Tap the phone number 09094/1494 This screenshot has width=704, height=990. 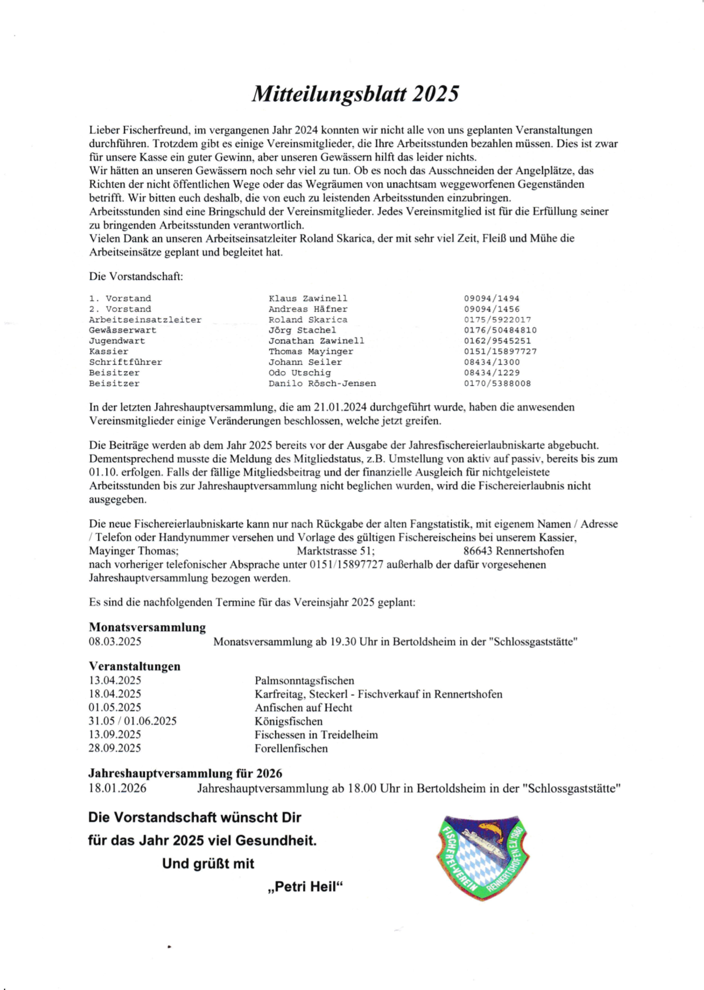(x=491, y=298)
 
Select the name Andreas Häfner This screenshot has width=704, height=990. (x=308, y=309)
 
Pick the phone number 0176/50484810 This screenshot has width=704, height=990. (x=500, y=330)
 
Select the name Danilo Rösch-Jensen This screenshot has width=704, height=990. (x=322, y=383)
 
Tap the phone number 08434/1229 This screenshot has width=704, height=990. (x=492, y=373)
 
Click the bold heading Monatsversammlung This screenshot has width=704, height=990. (x=147, y=627)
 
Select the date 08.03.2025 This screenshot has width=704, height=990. (x=115, y=642)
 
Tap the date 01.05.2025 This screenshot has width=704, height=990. (x=115, y=708)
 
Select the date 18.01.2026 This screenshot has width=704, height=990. (x=117, y=788)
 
